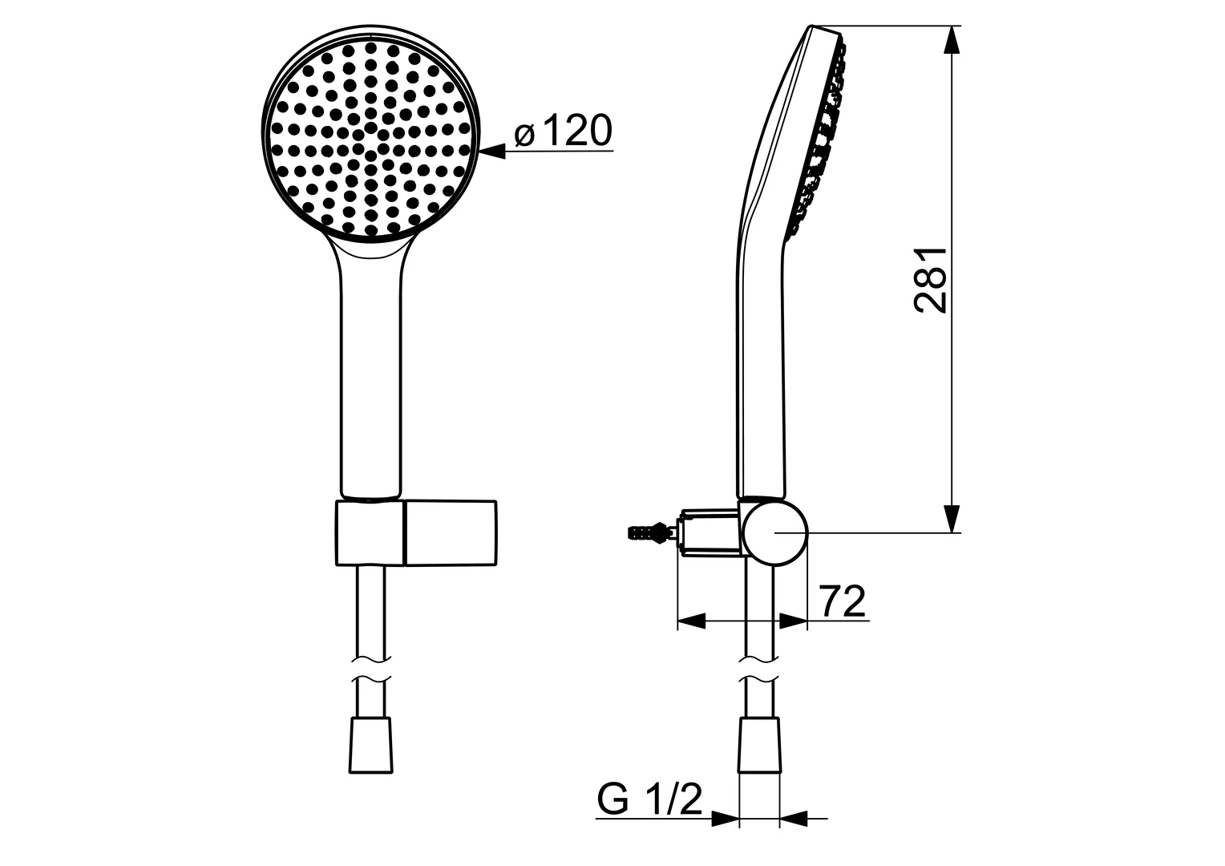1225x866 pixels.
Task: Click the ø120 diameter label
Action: (x=563, y=132)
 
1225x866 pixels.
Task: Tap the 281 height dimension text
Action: (x=932, y=279)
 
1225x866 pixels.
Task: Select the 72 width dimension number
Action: (x=843, y=601)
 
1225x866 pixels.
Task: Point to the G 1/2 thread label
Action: (x=649, y=799)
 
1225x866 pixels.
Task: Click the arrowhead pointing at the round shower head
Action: (x=491, y=150)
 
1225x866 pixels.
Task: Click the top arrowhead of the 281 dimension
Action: (x=952, y=41)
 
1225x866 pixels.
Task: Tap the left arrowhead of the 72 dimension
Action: (x=691, y=621)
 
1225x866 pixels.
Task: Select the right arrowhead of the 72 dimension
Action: (x=793, y=621)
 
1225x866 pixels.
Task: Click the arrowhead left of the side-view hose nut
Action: (x=725, y=819)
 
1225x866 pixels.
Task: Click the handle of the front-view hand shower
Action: (x=370, y=377)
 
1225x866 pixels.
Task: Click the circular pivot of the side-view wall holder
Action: (x=774, y=530)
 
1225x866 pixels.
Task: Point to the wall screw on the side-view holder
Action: (x=647, y=531)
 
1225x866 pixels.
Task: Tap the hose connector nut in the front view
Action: (x=371, y=745)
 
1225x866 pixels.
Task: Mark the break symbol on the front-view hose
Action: (x=371, y=670)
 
